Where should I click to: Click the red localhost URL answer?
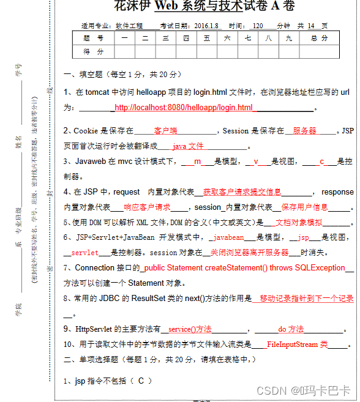click(x=183, y=108)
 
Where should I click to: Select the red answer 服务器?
click(x=304, y=131)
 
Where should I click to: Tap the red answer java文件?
click(x=187, y=146)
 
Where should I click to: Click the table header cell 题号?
click(x=93, y=38)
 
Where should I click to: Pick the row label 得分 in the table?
click(x=93, y=51)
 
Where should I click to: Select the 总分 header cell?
click(x=319, y=38)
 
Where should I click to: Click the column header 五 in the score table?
click(x=207, y=38)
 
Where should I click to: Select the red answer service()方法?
click(x=190, y=329)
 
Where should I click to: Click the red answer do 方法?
click(x=291, y=329)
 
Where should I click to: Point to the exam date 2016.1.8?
click(x=194, y=26)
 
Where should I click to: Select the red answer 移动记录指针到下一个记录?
click(x=306, y=299)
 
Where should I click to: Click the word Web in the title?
click(x=168, y=7)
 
